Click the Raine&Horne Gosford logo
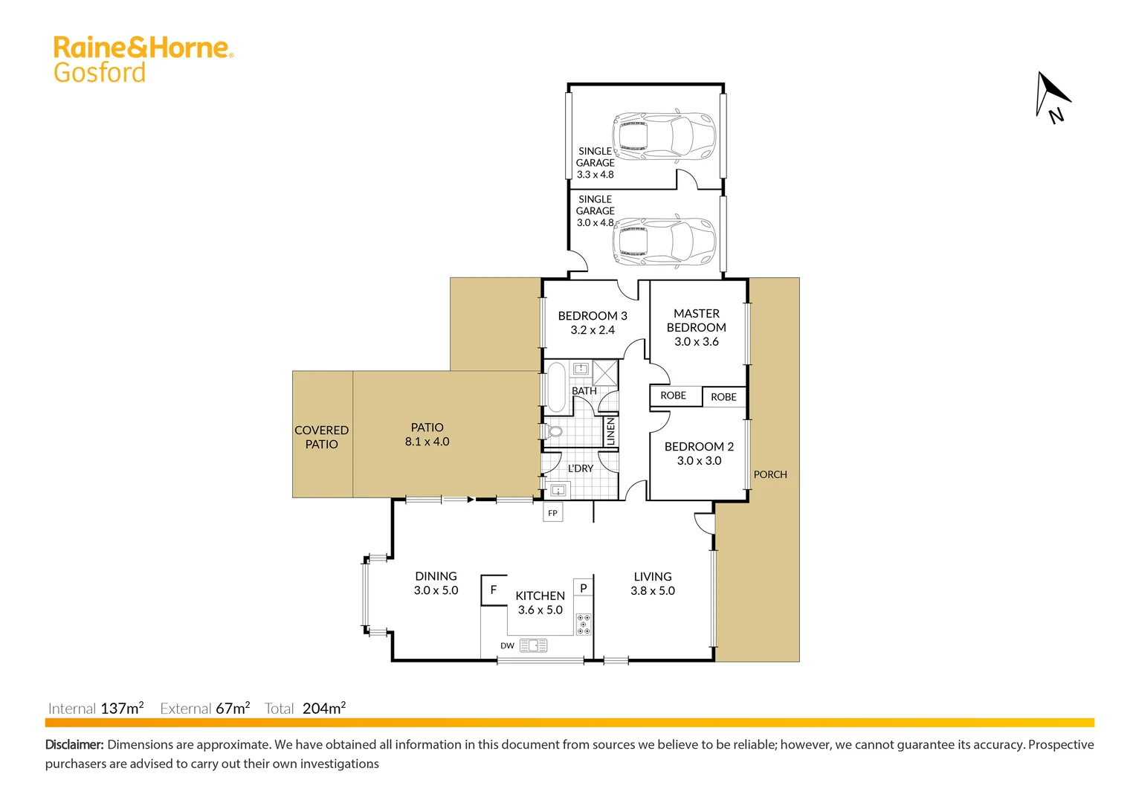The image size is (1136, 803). (143, 59)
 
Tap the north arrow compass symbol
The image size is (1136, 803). (1051, 96)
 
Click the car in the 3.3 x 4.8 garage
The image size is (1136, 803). (664, 137)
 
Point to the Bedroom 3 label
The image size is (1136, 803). (592, 316)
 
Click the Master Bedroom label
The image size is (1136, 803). (696, 320)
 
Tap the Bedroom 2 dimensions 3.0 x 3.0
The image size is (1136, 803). (699, 461)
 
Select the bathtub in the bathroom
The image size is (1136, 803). (556, 387)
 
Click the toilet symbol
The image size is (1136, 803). (552, 431)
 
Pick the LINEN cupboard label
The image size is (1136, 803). (611, 431)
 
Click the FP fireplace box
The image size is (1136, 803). (552, 513)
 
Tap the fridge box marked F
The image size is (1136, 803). (494, 590)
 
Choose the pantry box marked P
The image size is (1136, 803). (584, 588)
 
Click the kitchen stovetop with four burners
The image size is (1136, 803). (584, 625)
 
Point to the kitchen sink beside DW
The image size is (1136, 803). (533, 645)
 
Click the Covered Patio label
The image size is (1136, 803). (321, 437)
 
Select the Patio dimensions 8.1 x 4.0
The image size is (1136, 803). (427, 442)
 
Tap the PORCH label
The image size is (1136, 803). (770, 474)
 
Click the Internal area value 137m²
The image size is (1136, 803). (122, 709)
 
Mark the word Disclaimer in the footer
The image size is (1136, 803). (74, 745)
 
